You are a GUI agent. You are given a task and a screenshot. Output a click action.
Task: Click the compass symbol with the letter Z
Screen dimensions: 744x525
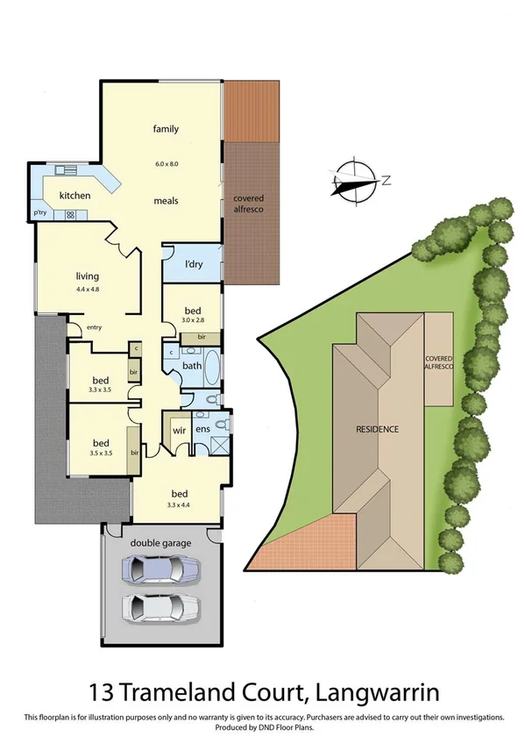[x=358, y=181]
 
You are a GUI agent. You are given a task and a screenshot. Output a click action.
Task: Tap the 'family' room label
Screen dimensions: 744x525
[x=166, y=129]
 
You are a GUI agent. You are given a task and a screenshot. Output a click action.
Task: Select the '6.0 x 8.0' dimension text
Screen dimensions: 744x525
[x=166, y=163]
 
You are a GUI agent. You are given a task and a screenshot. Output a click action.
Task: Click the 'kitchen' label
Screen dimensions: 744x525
[x=74, y=195]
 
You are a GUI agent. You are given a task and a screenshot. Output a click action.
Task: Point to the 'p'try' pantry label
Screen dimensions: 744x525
[x=40, y=212]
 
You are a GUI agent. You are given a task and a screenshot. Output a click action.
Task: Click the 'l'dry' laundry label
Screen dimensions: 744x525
[x=194, y=265]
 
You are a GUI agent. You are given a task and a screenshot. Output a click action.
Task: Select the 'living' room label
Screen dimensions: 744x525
[x=88, y=276]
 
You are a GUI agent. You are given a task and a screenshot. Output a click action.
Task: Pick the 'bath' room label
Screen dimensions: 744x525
[x=193, y=366]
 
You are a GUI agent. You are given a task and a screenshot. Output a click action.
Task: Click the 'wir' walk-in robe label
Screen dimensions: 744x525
[x=179, y=430]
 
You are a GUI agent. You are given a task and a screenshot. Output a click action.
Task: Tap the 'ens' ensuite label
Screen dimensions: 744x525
[x=202, y=429]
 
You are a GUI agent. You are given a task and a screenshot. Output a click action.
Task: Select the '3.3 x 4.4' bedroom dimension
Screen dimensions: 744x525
[x=178, y=505]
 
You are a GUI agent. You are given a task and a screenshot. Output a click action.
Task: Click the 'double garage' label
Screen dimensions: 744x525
[x=160, y=544]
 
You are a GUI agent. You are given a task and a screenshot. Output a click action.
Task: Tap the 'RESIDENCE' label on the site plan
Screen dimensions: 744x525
[x=378, y=429]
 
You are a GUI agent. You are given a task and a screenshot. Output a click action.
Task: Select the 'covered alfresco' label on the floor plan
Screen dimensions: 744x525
[x=248, y=204]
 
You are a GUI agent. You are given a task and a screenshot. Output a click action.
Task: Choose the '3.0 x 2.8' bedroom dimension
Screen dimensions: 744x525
[x=194, y=321]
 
